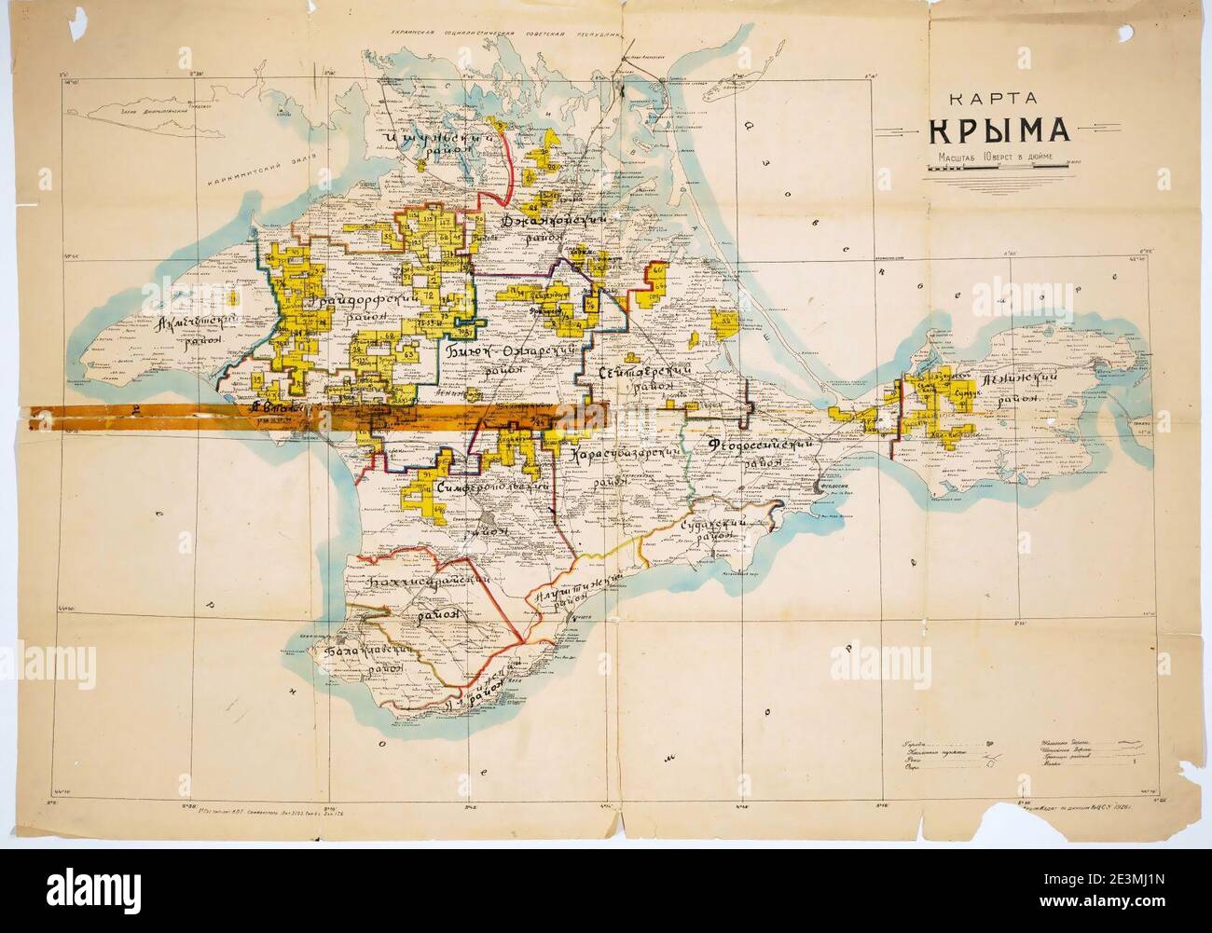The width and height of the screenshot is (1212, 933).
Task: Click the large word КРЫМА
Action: pos(991,130)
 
